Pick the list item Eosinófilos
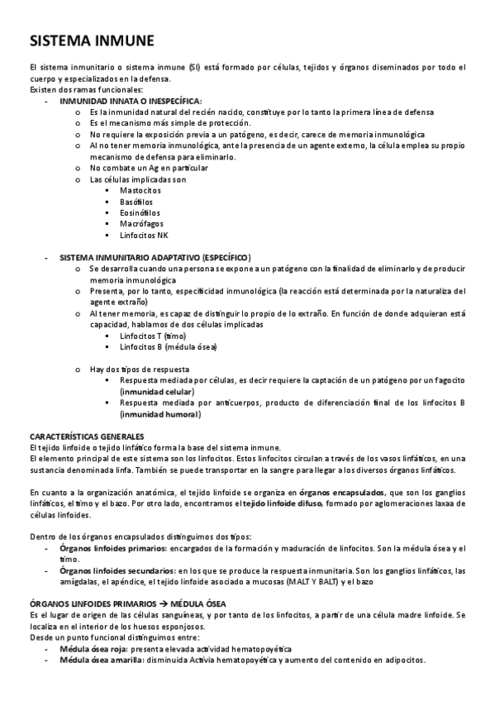tap(140, 212)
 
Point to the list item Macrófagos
tap(141, 224)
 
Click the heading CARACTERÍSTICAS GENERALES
tap(87, 436)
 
